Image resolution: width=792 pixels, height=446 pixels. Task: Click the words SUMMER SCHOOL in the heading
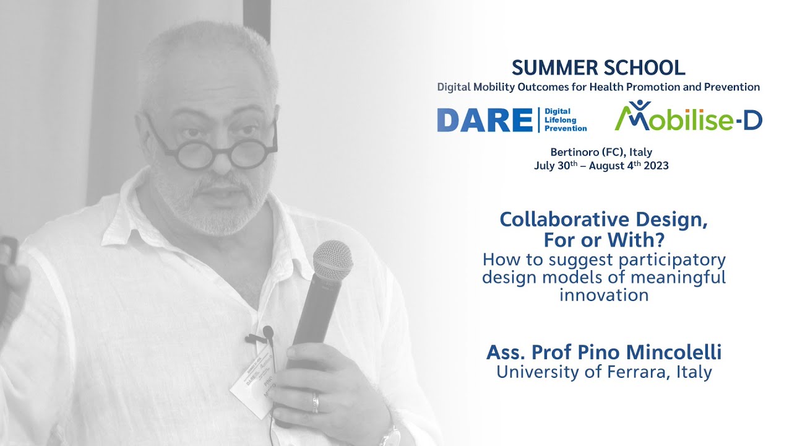click(x=598, y=68)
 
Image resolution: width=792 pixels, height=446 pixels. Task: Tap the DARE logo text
click(x=484, y=120)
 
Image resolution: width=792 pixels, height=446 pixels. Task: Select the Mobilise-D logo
click(x=688, y=118)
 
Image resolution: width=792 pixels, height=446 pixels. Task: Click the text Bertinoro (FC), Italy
click(x=601, y=152)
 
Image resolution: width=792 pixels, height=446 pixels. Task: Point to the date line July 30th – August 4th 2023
click(x=601, y=166)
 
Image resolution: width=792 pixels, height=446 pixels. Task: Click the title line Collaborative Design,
click(x=603, y=219)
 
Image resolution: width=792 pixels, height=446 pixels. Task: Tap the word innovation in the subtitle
click(x=603, y=295)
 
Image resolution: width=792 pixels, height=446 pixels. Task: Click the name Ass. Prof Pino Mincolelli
click(x=603, y=352)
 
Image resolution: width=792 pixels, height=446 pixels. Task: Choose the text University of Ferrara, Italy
click(x=603, y=372)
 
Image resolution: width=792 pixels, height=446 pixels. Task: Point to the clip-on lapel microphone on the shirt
click(x=267, y=334)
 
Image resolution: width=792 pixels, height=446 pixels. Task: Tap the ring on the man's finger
click(x=315, y=403)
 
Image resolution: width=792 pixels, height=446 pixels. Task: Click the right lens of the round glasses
click(x=253, y=149)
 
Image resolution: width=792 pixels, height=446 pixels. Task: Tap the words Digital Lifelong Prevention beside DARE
click(x=565, y=120)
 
